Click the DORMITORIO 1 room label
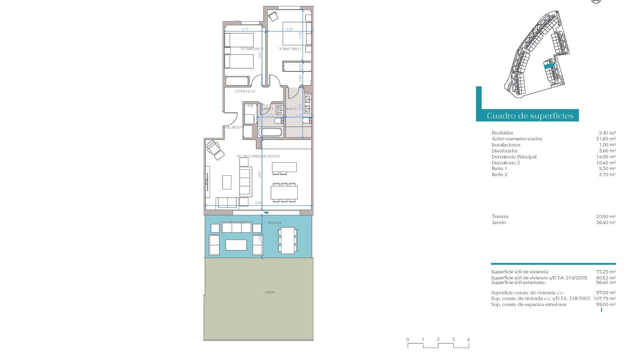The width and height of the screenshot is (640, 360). (290, 49)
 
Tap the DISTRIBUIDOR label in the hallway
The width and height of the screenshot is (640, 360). (245, 91)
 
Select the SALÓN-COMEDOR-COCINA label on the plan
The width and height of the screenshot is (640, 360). (258, 156)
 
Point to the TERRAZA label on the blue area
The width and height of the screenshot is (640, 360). (274, 223)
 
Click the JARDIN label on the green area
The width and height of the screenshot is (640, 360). (270, 292)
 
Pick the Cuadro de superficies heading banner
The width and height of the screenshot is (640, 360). (530, 116)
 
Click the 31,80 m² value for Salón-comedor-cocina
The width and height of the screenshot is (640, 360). (606, 139)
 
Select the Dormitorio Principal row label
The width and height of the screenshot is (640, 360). (514, 157)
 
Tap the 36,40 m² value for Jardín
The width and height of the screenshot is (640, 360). (606, 222)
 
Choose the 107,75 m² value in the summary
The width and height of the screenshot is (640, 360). (604, 299)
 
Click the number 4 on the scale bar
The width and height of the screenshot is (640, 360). (468, 339)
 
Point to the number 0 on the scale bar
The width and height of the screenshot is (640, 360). (408, 339)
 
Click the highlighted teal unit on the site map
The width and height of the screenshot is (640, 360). (549, 66)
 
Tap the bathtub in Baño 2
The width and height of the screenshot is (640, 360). (271, 132)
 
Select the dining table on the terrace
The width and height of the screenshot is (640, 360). (287, 240)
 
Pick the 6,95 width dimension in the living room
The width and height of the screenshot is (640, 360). (258, 203)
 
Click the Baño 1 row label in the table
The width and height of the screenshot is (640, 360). (499, 169)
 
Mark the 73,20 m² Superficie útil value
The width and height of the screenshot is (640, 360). (606, 272)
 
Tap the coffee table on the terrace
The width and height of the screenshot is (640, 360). (236, 245)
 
